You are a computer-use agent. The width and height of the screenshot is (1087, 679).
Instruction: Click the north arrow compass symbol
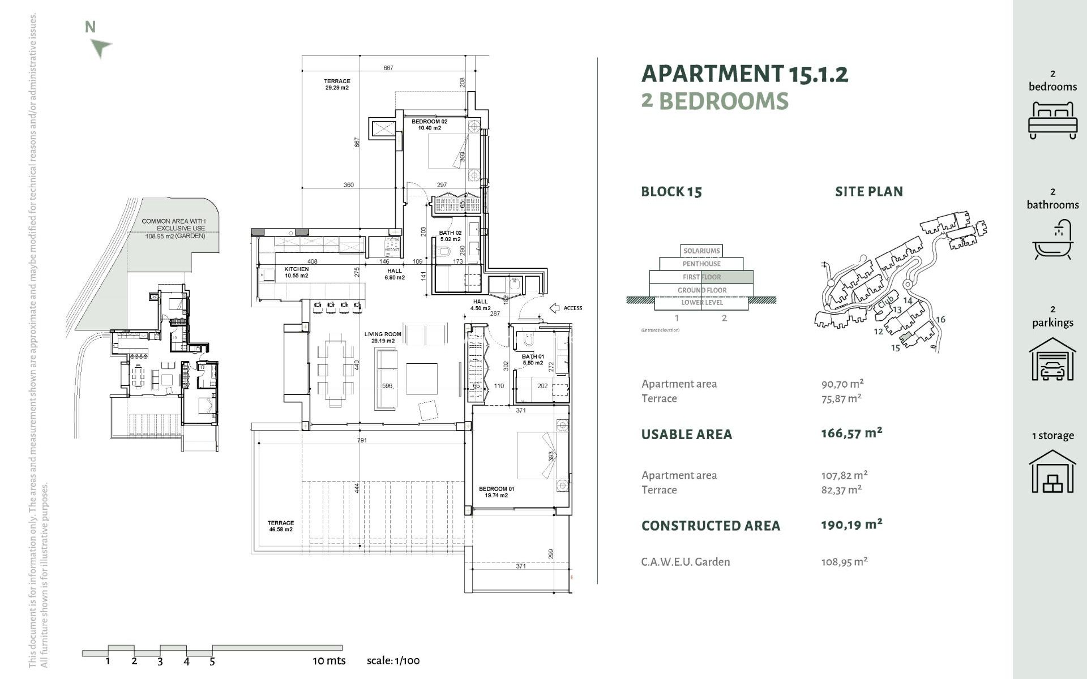101,48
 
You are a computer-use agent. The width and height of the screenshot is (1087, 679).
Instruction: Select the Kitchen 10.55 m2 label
297,272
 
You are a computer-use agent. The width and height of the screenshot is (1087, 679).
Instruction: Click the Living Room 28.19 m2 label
383,337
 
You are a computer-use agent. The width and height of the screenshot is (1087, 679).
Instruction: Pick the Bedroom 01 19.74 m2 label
496,492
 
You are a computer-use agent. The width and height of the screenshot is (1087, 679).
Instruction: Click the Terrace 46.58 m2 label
281,526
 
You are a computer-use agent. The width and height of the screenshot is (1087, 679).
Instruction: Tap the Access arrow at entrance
555,308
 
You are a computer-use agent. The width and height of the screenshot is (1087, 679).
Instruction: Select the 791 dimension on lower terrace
362,440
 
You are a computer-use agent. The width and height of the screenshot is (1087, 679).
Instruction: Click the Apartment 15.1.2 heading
744,74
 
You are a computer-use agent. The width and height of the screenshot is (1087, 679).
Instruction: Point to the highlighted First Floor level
701,277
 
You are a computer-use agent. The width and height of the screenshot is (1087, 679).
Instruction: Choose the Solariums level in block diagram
701,251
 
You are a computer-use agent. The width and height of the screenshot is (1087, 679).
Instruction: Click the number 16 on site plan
940,319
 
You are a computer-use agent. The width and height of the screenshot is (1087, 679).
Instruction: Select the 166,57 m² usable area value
851,433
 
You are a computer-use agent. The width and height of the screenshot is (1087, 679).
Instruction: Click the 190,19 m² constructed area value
851,525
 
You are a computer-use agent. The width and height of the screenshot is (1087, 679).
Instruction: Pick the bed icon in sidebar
1052,120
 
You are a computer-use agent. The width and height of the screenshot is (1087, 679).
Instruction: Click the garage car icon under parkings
1052,360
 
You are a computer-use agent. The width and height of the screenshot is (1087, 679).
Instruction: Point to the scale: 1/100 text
393,660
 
